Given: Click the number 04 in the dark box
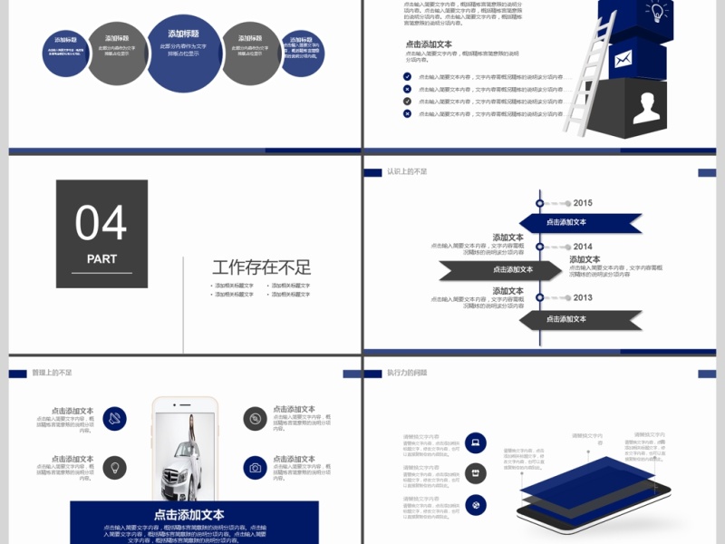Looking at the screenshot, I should click(x=101, y=223).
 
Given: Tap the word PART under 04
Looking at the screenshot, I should click(x=101, y=259).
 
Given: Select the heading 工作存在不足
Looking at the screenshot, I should click(x=261, y=267).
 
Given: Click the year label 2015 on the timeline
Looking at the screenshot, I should click(x=582, y=203).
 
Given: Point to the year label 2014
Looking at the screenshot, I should click(x=582, y=247).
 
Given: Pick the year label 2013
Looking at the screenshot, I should click(x=582, y=297).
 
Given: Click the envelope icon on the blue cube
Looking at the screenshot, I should click(x=623, y=61).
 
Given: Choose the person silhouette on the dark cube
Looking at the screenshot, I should click(x=645, y=108).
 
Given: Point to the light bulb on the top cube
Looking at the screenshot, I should click(x=654, y=12).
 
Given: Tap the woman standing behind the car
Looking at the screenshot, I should click(x=194, y=431).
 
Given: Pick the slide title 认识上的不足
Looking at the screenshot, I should click(x=407, y=171).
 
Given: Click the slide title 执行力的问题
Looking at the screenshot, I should click(x=407, y=373).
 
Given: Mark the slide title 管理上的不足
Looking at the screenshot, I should click(x=52, y=373).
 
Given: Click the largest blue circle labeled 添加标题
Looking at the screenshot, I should click(x=185, y=53).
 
